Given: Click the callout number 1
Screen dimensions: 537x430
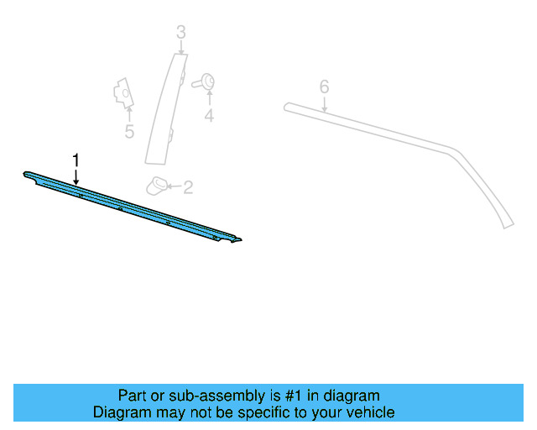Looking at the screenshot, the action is (x=76, y=159).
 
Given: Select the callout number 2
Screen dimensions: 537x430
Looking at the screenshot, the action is (x=187, y=187).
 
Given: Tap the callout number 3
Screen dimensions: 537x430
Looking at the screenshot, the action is (x=180, y=33).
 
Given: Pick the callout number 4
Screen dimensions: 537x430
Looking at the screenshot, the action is (x=209, y=117).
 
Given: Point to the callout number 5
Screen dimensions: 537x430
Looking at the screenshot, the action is (x=129, y=132).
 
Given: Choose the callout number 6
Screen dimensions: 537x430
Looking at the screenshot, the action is (x=324, y=87).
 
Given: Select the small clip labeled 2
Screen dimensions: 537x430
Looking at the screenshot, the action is (x=158, y=184).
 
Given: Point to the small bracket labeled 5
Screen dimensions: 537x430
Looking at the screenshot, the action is (x=123, y=92).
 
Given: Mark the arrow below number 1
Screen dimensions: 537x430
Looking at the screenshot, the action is (x=76, y=176).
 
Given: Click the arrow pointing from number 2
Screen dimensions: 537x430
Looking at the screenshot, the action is (x=174, y=186).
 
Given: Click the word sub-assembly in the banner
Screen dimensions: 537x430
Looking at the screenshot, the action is (x=201, y=396).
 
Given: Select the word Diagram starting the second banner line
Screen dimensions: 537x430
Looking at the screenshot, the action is (x=120, y=412).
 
